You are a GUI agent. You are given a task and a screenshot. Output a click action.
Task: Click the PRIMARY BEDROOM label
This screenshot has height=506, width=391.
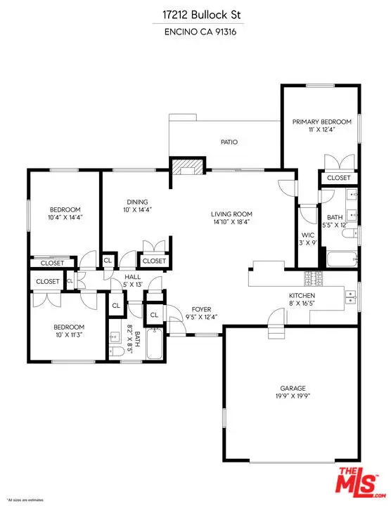[320, 122]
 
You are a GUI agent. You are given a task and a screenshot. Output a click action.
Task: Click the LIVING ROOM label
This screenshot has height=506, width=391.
[231, 214]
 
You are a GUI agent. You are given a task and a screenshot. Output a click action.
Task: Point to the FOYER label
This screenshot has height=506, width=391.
[201, 309]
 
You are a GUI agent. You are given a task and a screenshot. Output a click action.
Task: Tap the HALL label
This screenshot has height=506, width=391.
[133, 278]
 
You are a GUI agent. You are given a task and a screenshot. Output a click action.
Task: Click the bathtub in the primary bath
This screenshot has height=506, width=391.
[340, 260]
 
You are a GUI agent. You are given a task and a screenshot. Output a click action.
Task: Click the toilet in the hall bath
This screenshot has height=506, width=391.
[117, 349]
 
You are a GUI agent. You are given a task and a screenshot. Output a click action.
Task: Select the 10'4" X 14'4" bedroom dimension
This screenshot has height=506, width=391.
[65, 218]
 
